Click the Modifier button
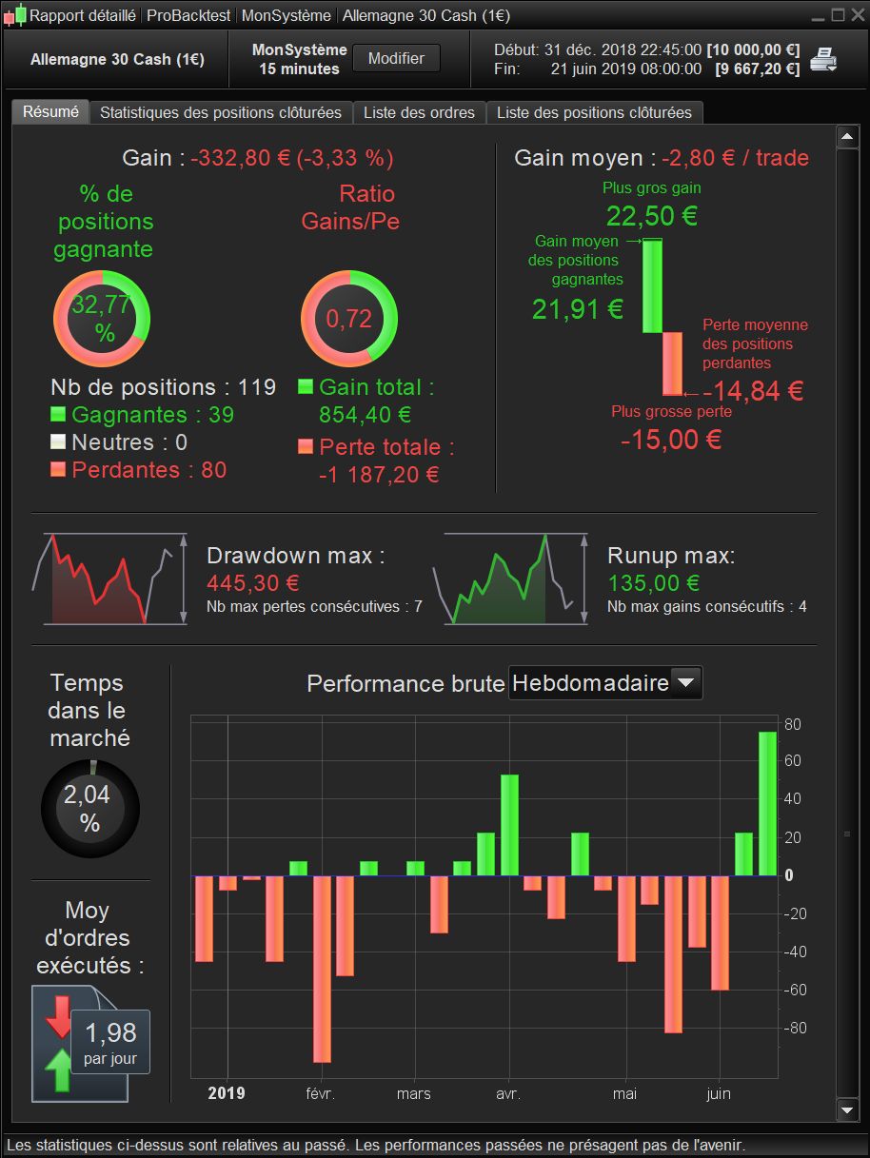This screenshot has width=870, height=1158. pyautogui.click(x=396, y=58)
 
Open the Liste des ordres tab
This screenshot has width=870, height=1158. pyautogui.click(x=419, y=112)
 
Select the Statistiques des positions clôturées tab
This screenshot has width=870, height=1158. pyautogui.click(x=221, y=112)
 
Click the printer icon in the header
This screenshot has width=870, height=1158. pyautogui.click(x=822, y=60)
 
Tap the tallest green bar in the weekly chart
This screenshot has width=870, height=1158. pyautogui.click(x=768, y=803)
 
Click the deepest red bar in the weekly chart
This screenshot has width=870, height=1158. pyautogui.click(x=322, y=968)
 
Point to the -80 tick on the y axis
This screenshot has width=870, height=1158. pyautogui.click(x=794, y=1028)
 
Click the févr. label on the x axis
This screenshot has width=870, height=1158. pyautogui.click(x=320, y=1093)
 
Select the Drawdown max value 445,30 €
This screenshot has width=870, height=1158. pyautogui.click(x=253, y=582)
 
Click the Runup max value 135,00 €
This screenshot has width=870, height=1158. pyautogui.click(x=654, y=582)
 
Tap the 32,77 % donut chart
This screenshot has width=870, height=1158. pyautogui.click(x=102, y=319)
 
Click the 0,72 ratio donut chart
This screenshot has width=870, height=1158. pyautogui.click(x=348, y=319)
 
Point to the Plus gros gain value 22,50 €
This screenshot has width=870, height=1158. pyautogui.click(x=652, y=216)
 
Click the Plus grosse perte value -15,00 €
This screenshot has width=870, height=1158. pyautogui.click(x=671, y=440)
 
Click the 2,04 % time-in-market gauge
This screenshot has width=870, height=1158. pyautogui.click(x=89, y=809)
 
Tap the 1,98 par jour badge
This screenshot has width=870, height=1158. pyautogui.click(x=110, y=1041)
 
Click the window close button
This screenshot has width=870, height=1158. pyautogui.click(x=856, y=15)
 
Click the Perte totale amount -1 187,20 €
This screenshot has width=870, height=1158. pyautogui.click(x=379, y=474)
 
